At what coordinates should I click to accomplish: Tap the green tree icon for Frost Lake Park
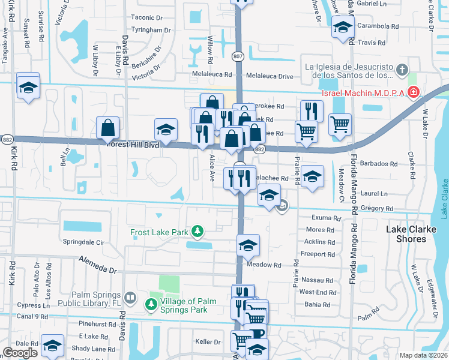(196, 232)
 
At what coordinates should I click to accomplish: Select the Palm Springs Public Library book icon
(130, 298)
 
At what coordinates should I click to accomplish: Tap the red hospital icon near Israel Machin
(412, 92)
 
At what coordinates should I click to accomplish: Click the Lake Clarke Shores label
(414, 234)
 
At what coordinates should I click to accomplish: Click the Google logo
(20, 353)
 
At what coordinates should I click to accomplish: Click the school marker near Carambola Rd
(343, 28)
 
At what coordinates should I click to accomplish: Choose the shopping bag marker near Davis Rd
(108, 127)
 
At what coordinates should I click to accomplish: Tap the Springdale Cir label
(83, 243)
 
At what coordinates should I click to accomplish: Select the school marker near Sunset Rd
(28, 88)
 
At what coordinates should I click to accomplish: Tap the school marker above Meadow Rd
(248, 245)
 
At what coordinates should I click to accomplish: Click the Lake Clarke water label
(443, 198)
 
